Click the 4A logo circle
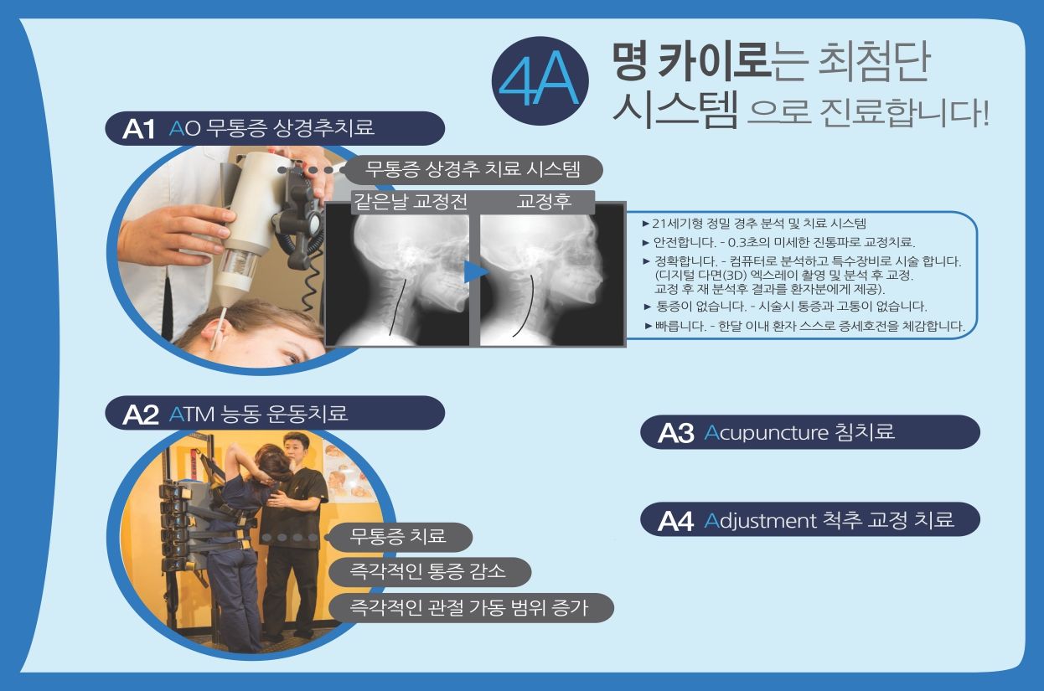point(540,81)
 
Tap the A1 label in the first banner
point(138,129)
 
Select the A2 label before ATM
point(140,415)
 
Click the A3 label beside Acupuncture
point(675,433)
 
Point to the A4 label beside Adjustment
point(675,520)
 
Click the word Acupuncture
point(766,433)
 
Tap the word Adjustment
point(760,520)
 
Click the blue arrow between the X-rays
point(476,271)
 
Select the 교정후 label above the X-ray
point(544,202)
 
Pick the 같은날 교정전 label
point(411,202)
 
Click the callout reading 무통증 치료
point(399,537)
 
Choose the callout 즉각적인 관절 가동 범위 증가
point(471,607)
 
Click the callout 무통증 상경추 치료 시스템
point(473,169)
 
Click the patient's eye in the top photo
point(292,358)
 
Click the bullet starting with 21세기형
point(754,224)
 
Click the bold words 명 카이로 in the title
point(690,61)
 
